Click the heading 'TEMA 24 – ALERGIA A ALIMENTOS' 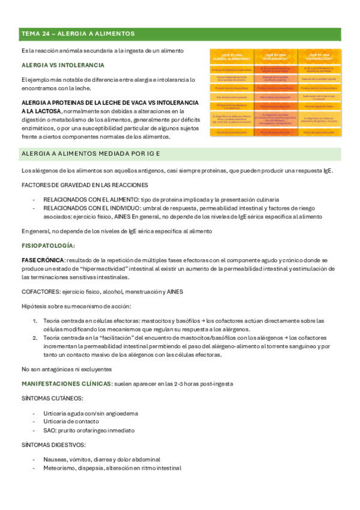pyautogui.click(x=78, y=34)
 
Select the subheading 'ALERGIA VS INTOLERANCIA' pyautogui.click(x=63, y=65)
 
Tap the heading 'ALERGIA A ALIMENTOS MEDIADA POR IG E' pyautogui.click(x=90, y=154)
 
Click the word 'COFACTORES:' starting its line pyautogui.click(x=38, y=292)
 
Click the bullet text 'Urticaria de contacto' pyautogui.click(x=72, y=422)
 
